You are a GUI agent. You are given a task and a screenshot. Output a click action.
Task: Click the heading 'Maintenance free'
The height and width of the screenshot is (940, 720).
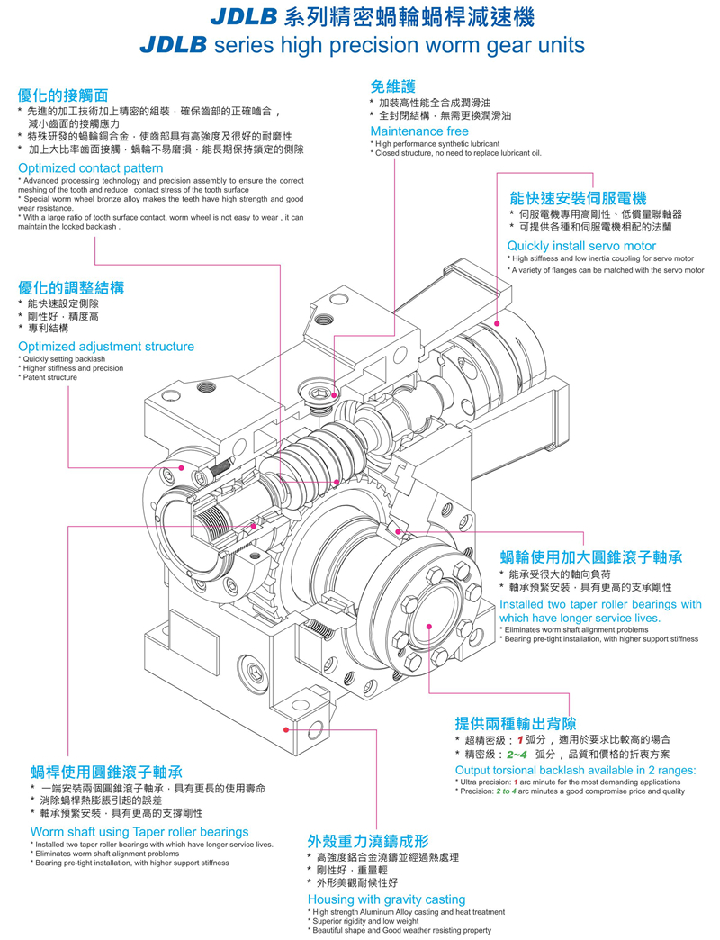click(419, 131)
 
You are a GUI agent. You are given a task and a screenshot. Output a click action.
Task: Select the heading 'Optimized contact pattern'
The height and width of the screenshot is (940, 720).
click(91, 168)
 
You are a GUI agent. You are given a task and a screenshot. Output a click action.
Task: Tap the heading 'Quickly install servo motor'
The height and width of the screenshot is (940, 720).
click(581, 246)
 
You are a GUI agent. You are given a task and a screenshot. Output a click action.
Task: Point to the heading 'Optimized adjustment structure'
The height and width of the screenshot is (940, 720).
click(106, 347)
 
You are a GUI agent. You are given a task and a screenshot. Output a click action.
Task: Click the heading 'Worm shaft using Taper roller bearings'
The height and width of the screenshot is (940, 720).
click(139, 832)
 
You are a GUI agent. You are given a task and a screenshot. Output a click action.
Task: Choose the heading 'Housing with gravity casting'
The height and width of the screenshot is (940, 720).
click(386, 899)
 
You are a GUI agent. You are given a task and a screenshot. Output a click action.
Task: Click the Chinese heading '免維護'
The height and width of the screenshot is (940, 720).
click(393, 86)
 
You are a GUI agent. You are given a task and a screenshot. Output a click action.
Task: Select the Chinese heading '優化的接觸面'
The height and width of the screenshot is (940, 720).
click(63, 95)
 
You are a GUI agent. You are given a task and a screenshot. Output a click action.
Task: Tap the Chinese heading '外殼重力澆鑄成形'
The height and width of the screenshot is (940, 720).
click(368, 843)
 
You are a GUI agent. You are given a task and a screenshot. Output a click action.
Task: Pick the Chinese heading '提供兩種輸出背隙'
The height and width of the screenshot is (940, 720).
click(516, 723)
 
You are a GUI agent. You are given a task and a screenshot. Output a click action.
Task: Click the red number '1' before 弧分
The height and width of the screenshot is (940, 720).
click(520, 740)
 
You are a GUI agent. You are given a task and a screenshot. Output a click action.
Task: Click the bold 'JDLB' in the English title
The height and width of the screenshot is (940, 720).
click(174, 45)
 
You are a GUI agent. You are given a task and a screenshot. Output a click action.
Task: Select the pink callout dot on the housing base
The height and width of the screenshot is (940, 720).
click(286, 728)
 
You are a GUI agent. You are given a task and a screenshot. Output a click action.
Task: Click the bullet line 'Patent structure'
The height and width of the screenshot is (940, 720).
click(50, 377)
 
